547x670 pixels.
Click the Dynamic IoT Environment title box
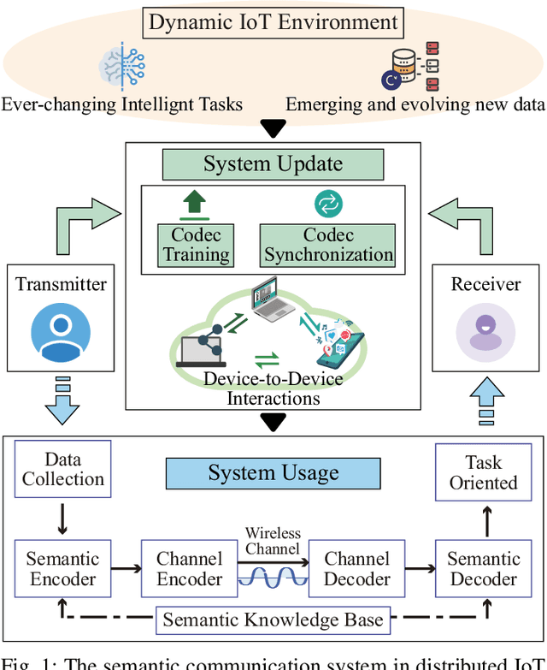[273, 21]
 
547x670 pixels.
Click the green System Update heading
[273, 163]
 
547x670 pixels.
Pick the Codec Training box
[197, 245]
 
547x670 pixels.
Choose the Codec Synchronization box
[328, 245]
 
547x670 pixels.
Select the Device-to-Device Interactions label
[273, 388]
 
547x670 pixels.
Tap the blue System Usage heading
[273, 473]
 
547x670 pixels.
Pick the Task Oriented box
[483, 472]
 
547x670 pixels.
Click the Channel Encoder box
[189, 569]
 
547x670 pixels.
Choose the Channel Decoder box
[357, 569]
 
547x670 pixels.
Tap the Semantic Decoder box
[483, 569]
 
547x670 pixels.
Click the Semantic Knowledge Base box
[273, 619]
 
